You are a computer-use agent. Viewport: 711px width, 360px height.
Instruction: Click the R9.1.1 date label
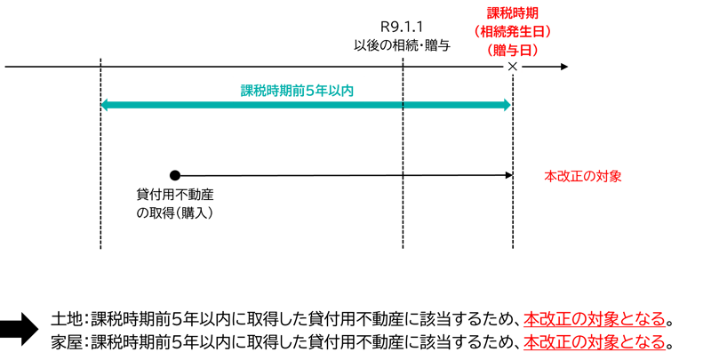403,28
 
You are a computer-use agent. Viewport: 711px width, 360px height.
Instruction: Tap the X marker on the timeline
513,67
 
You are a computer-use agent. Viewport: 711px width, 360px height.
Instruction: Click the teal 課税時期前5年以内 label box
298,90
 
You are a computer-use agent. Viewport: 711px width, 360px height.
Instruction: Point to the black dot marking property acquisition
175,175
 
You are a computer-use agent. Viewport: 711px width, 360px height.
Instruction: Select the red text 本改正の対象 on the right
582,176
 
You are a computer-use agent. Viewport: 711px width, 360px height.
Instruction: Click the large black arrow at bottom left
19,329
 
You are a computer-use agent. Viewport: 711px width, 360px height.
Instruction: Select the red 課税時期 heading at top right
512,13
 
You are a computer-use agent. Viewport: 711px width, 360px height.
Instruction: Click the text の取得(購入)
175,213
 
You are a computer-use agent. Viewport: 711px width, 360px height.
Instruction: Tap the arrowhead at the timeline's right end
563,67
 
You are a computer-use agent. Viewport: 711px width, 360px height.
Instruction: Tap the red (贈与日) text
513,49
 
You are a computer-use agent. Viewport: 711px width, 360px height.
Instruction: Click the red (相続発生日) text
513,31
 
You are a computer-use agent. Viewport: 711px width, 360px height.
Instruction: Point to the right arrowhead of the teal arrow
507,106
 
